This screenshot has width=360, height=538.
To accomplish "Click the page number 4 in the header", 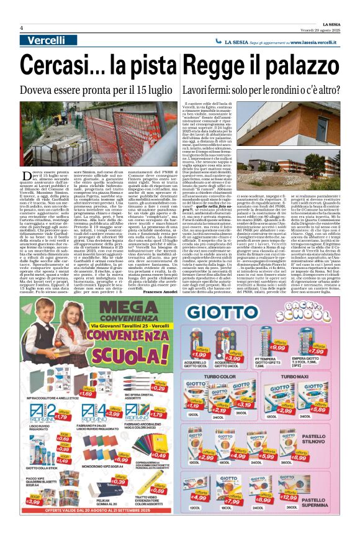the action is click(22, 29).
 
